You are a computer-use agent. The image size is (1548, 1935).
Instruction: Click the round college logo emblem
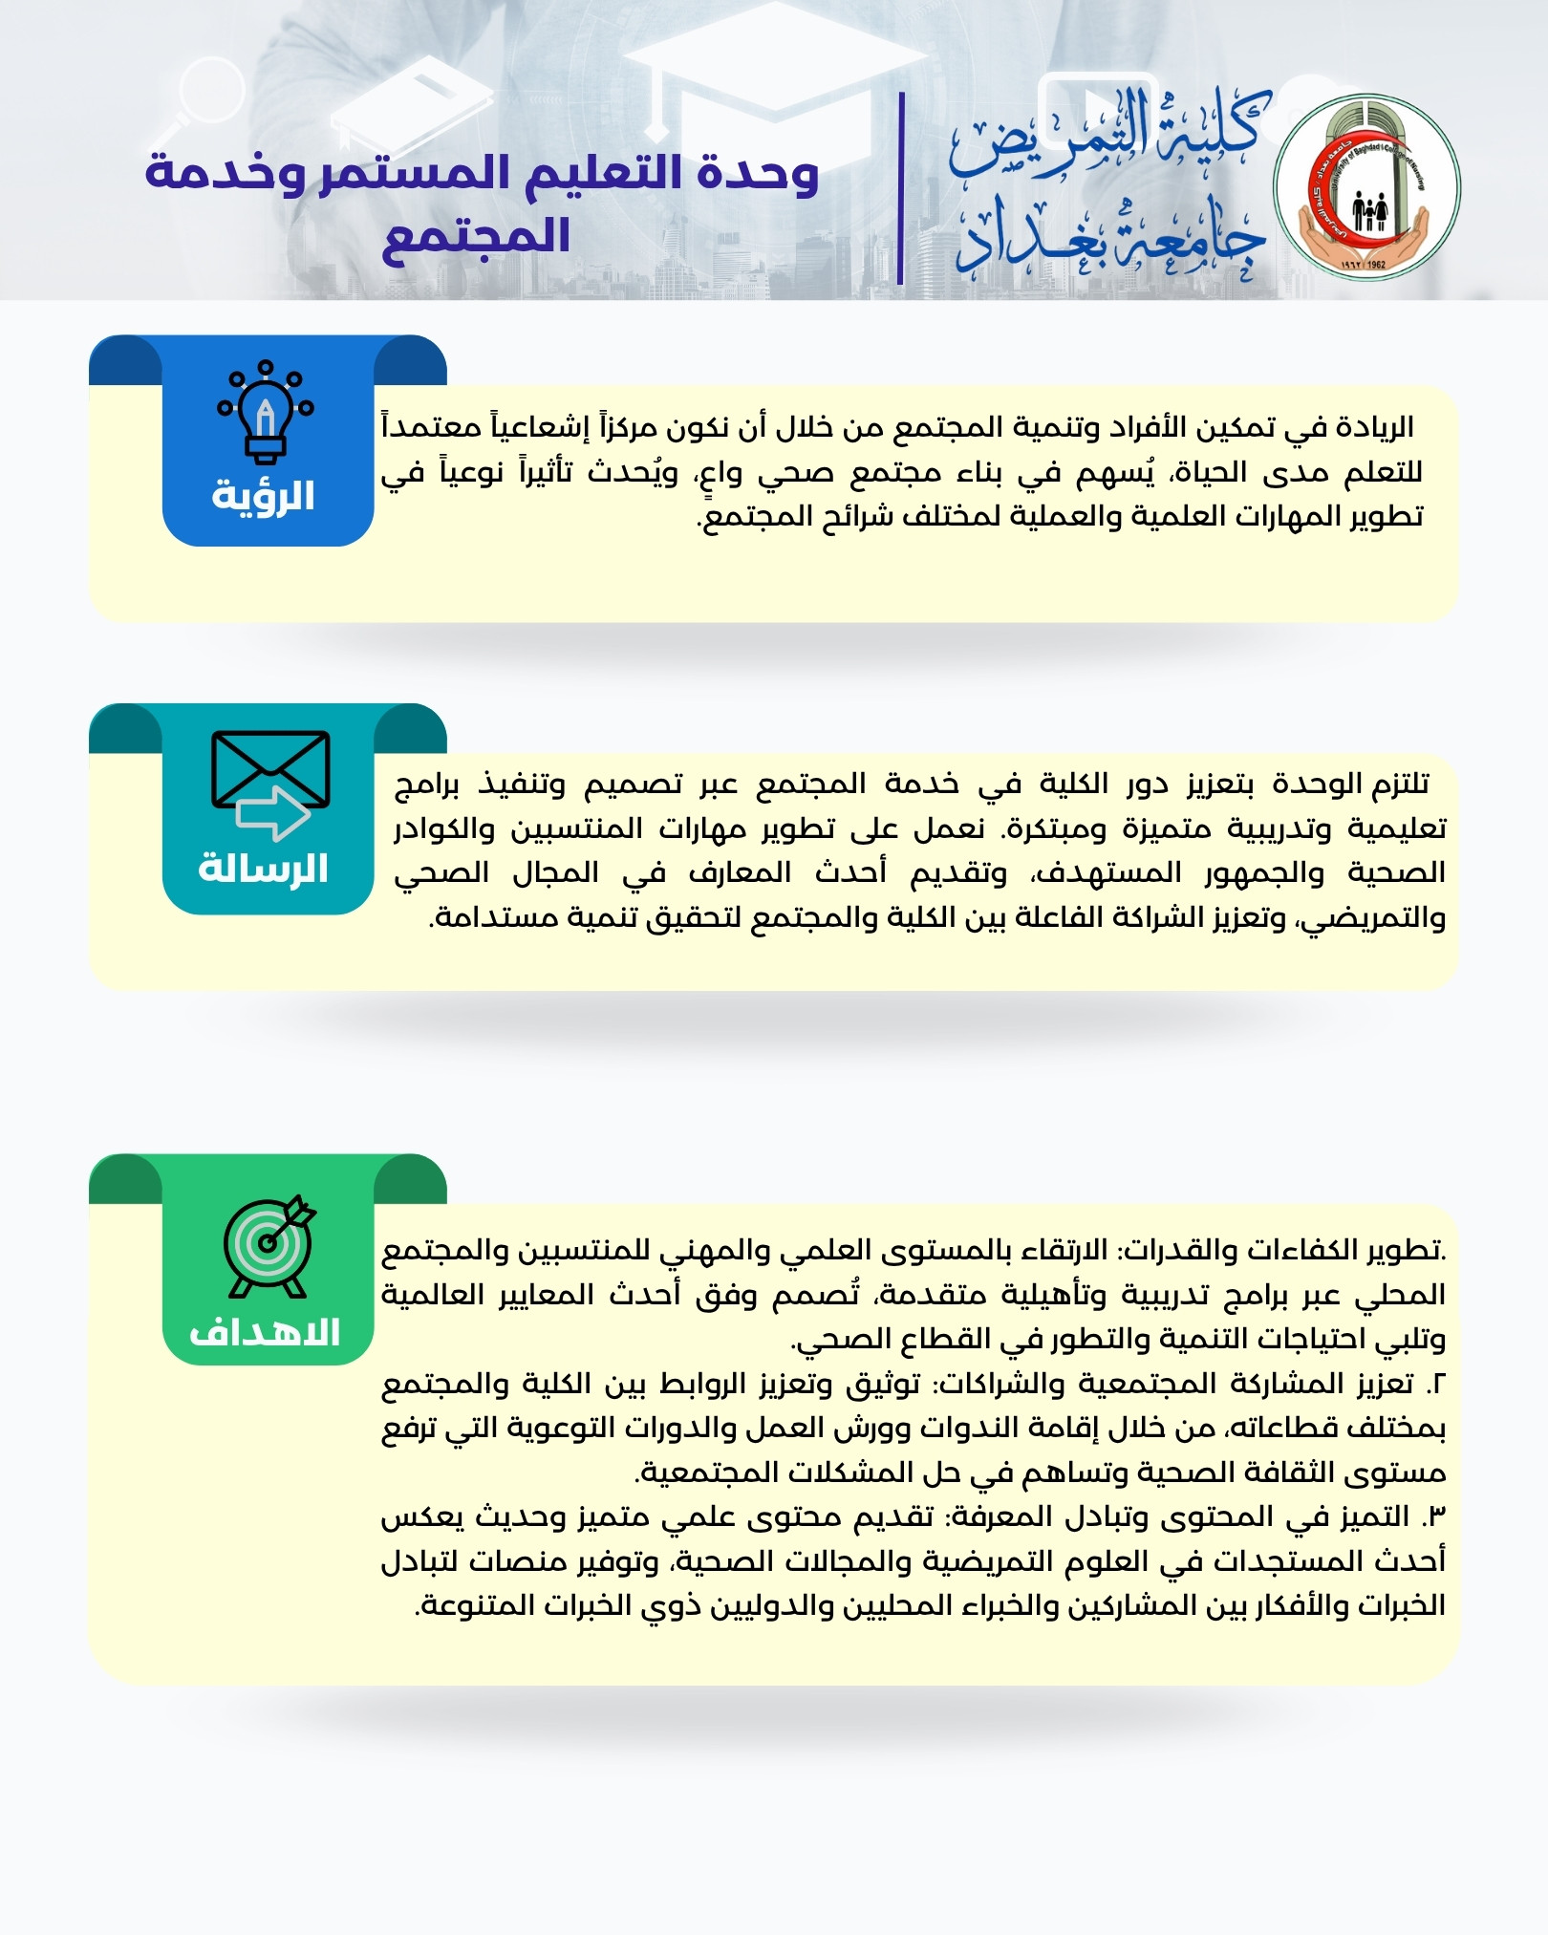pyautogui.click(x=1366, y=188)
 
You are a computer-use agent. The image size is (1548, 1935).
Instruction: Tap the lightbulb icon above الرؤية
pyautogui.click(x=266, y=414)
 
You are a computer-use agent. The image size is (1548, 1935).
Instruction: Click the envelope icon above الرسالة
pyautogui.click(x=270, y=768)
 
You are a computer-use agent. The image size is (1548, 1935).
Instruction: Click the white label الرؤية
pyautogui.click(x=264, y=496)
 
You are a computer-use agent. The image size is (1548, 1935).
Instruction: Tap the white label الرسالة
pyautogui.click(x=264, y=869)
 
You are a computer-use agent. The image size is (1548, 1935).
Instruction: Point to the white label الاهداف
pyautogui.click(x=265, y=1332)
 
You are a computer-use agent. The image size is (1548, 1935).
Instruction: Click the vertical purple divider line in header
pyautogui.click(x=901, y=188)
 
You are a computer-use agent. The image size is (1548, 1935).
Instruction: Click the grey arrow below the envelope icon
pyautogui.click(x=272, y=813)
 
